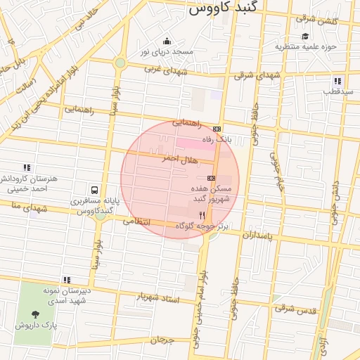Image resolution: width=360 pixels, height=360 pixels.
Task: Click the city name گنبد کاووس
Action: (224, 8)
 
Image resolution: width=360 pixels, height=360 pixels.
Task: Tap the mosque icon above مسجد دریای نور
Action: (167, 41)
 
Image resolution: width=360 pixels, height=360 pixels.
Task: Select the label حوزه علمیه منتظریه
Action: (307, 46)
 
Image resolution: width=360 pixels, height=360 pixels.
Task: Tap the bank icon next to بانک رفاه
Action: (216, 129)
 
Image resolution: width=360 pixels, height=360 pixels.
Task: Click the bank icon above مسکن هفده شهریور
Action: (211, 178)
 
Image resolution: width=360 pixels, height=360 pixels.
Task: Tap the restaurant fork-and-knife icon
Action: (202, 215)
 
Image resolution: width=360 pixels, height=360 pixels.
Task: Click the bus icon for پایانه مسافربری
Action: (94, 189)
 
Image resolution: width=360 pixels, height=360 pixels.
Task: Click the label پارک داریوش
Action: (35, 325)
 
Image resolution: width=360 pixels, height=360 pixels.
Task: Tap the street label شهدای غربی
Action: (166, 70)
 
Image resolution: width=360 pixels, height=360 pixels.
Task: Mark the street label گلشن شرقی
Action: (318, 20)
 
